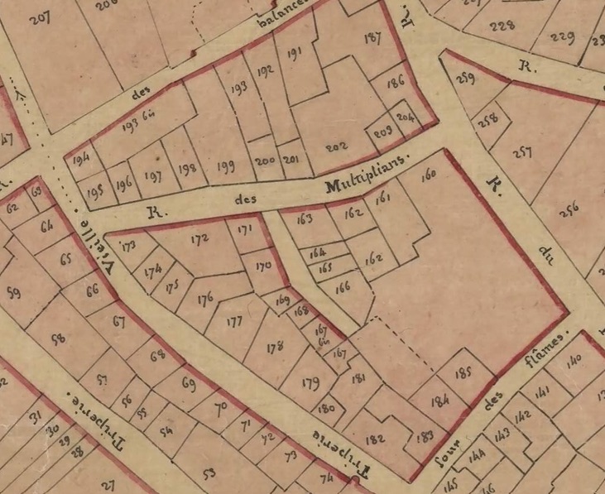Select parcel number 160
coord(428,175)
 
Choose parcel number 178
coord(275,348)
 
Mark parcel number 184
coord(439,400)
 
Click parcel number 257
coord(521,153)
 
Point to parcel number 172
coord(199,240)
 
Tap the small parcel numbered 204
coord(405,118)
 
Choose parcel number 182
coord(375,439)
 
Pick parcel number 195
coord(94,190)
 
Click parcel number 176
coord(205,298)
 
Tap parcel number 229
coord(562,38)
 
